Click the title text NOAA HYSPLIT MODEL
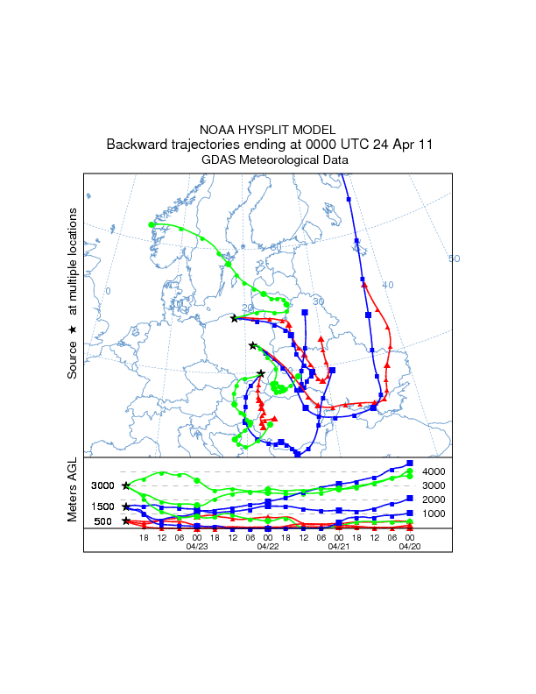(x=267, y=129)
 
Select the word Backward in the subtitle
(x=137, y=145)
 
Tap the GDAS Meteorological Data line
(x=267, y=160)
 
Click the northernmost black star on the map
(x=234, y=319)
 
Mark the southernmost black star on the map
(x=261, y=373)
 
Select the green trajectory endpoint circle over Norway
(x=152, y=225)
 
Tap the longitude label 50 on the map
(x=454, y=258)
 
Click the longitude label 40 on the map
(x=388, y=285)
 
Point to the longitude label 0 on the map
(x=108, y=291)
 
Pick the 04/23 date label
(x=197, y=546)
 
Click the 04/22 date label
(x=268, y=546)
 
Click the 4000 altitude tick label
(x=434, y=472)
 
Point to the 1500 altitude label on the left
(x=103, y=506)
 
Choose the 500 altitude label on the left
(x=102, y=521)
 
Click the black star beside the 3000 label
(x=126, y=485)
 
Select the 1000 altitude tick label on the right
(x=434, y=513)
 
